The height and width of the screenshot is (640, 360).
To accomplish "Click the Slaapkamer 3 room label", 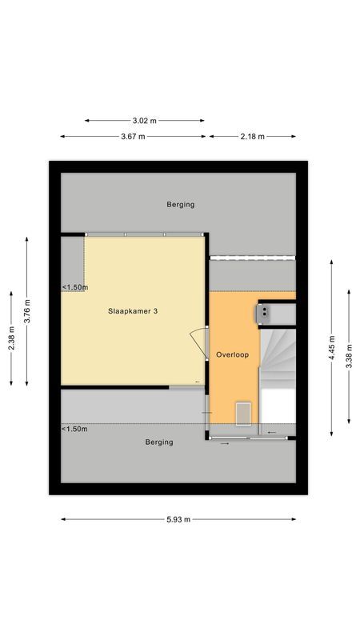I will pos(132,311).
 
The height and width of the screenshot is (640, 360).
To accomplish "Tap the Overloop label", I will pos(231,354).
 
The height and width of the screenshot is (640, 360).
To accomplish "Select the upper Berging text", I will pos(180,204).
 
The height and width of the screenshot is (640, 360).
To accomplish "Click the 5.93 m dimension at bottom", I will pos(178,519).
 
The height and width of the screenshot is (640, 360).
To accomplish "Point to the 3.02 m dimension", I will pos(144,121).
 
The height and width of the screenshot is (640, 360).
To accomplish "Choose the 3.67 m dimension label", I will pos(133,137).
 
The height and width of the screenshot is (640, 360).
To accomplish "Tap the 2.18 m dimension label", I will pos(252,137).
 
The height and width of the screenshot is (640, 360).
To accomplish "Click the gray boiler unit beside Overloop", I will pos(265,313).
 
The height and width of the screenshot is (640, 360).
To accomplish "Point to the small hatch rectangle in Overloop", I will pos(243,413).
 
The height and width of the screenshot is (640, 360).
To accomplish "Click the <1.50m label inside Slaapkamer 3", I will pos(74,287).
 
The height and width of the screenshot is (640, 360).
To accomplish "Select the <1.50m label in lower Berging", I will pos(74,429).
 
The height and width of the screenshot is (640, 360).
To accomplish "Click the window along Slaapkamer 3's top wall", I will pos(143,234).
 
